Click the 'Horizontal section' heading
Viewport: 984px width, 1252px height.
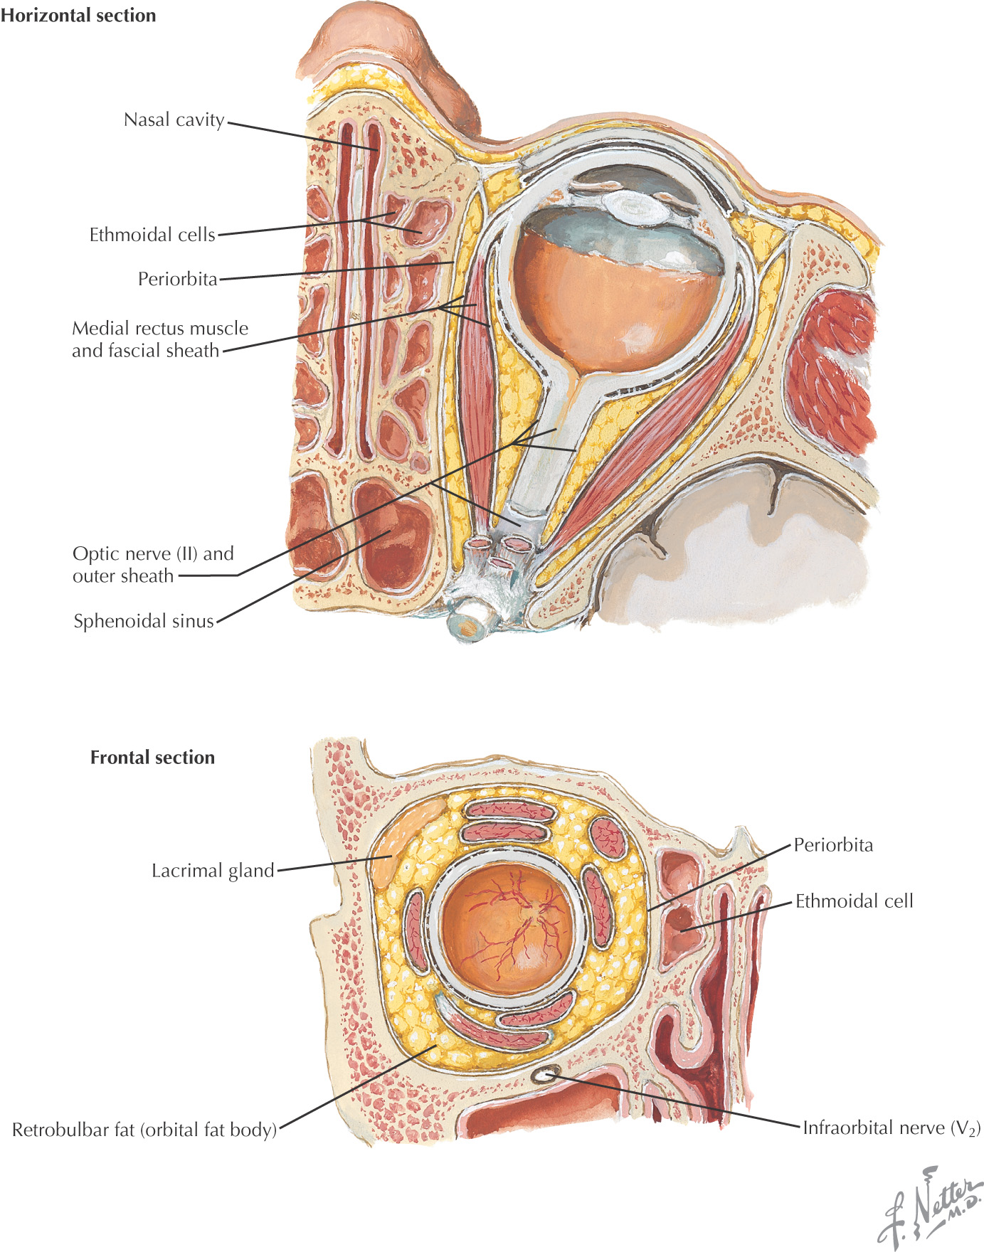(78, 16)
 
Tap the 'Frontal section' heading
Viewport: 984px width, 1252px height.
(152, 758)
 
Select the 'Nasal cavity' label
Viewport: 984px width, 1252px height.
(174, 120)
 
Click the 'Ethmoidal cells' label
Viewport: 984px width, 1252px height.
(152, 235)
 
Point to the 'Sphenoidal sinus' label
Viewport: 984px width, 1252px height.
(143, 621)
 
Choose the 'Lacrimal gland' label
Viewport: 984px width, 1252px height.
(212, 871)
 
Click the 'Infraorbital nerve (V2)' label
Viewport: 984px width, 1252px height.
(891, 1128)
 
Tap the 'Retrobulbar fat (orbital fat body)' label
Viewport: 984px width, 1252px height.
(144, 1130)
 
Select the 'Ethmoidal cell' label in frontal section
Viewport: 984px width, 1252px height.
(854, 901)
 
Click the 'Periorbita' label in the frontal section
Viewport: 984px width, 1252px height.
(832, 845)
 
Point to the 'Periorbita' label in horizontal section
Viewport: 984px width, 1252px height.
(177, 279)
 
